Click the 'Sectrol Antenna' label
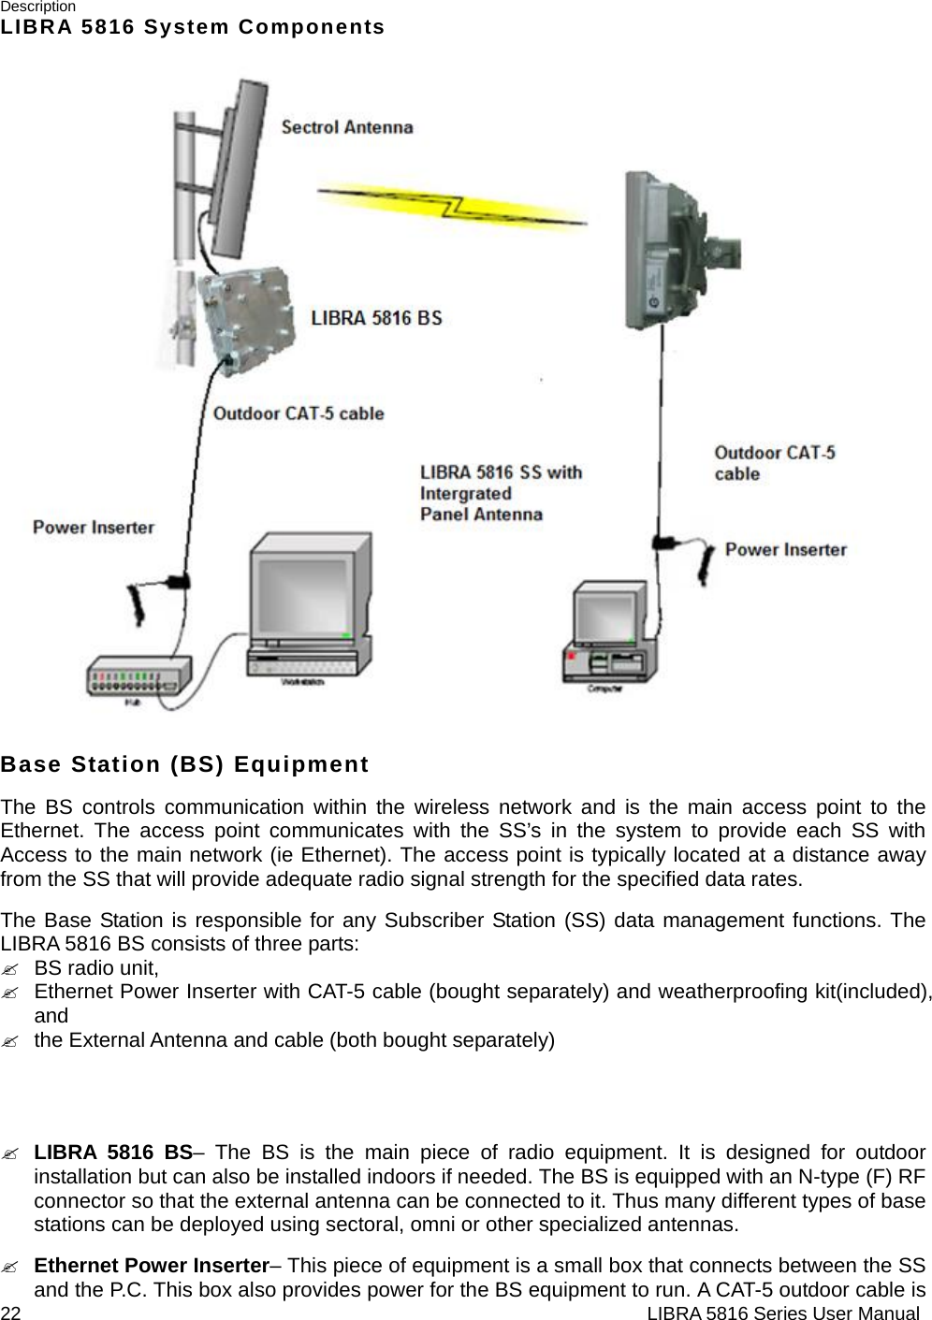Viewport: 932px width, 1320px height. pyautogui.click(x=347, y=127)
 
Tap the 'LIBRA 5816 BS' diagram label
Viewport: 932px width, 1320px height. pyautogui.click(x=376, y=318)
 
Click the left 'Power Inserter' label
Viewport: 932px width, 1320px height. pyautogui.click(x=94, y=528)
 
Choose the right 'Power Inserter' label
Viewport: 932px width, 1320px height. pyautogui.click(x=786, y=550)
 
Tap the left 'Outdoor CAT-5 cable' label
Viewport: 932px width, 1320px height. pyautogui.click(x=299, y=413)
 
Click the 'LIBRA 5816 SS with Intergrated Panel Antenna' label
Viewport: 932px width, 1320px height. pyautogui.click(x=500, y=493)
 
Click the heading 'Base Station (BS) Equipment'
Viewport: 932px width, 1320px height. pyautogui.click(x=185, y=765)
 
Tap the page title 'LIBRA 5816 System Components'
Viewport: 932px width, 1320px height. pyautogui.click(x=193, y=27)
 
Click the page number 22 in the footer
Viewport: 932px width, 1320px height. pyautogui.click(x=10, y=1313)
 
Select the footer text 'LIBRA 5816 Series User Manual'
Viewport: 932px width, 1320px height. pyautogui.click(x=782, y=1313)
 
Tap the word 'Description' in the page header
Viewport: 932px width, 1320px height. pyautogui.click(x=38, y=7)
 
